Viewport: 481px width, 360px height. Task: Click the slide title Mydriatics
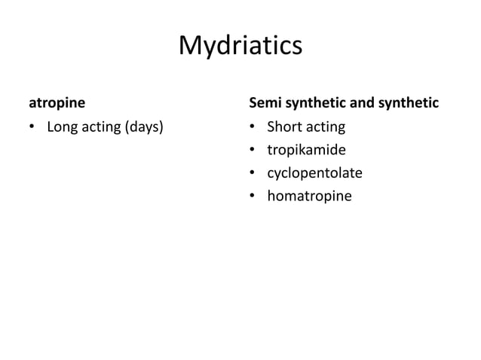(240, 46)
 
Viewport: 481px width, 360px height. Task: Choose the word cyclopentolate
(314, 173)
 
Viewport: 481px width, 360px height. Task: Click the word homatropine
(308, 197)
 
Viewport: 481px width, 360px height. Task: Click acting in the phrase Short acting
(325, 126)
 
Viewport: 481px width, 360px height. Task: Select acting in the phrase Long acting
(103, 126)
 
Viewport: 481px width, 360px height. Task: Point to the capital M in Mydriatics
(190, 46)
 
